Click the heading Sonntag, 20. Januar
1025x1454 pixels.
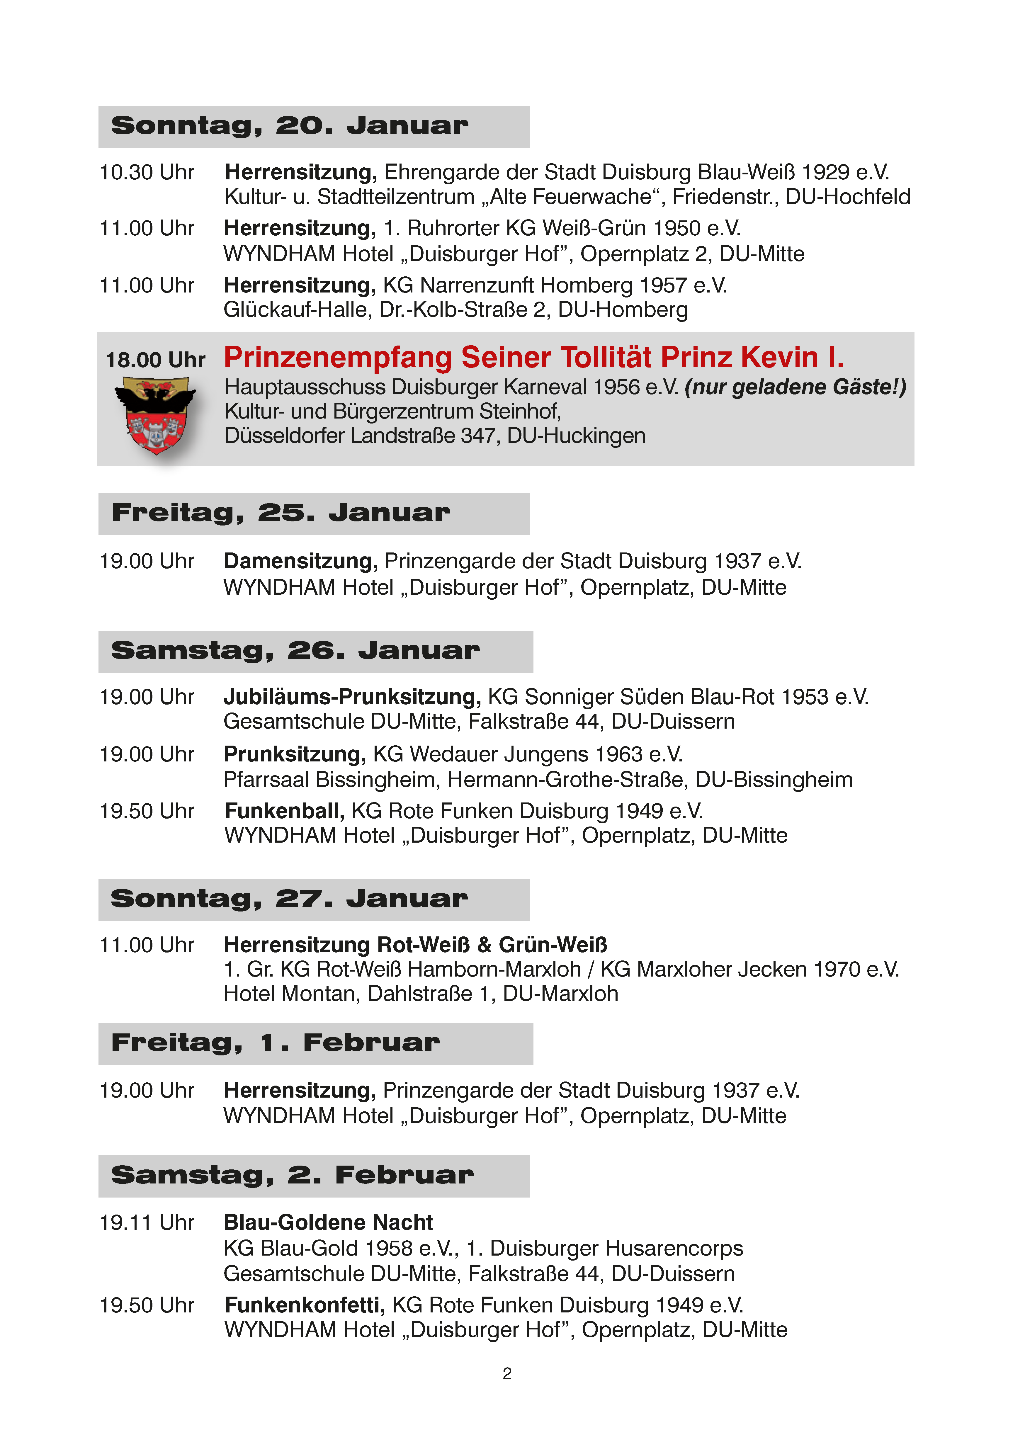tap(290, 126)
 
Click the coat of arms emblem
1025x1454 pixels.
tap(155, 415)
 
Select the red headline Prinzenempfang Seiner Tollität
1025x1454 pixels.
tap(533, 358)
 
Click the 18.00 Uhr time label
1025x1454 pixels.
tap(155, 360)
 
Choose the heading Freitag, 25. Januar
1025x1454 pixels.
tap(281, 513)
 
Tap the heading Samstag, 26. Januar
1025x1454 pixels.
tap(295, 651)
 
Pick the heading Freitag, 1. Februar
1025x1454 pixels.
tap(275, 1043)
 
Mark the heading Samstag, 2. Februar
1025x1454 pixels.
tap(292, 1175)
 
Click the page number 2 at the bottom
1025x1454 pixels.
tap(507, 1373)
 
